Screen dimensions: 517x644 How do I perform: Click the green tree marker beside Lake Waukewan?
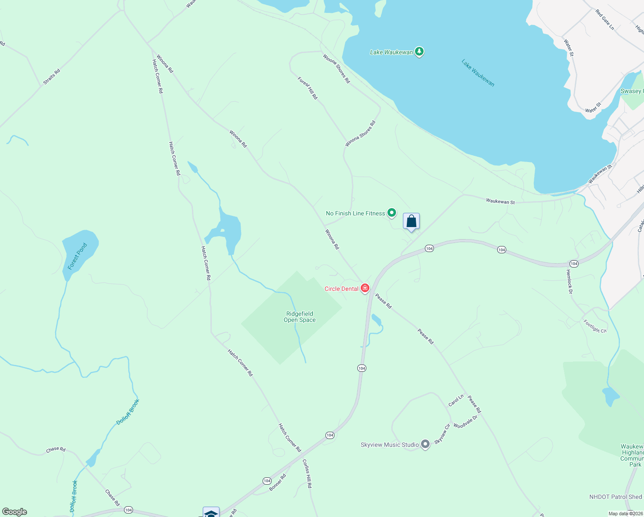coord(419,52)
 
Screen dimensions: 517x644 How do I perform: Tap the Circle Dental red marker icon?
coord(365,288)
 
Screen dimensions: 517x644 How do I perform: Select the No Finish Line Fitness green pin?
coord(392,212)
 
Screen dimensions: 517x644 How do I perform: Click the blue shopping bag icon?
coord(411,221)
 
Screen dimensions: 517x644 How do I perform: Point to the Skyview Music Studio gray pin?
coord(425,444)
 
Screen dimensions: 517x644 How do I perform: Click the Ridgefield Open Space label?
coord(300,317)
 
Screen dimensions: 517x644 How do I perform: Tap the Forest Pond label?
coord(77,256)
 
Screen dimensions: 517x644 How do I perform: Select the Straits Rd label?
coord(52,77)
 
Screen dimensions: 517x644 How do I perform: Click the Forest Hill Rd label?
coord(307,88)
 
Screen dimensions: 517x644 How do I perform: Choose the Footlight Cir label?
coord(595,326)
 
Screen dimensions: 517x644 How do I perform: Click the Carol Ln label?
coord(456,400)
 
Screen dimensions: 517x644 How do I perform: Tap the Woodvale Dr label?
coord(465,422)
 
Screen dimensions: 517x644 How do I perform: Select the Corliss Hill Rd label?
coord(307,473)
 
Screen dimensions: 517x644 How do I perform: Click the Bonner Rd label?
coord(277,483)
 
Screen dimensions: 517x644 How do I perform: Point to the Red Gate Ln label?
coord(604,19)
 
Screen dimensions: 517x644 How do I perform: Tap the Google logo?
coord(15,512)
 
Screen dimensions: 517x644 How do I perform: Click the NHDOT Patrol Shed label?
coord(616,497)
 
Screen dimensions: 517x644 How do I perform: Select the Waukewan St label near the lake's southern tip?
coord(500,201)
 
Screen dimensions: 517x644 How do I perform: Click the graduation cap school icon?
coord(211,513)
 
